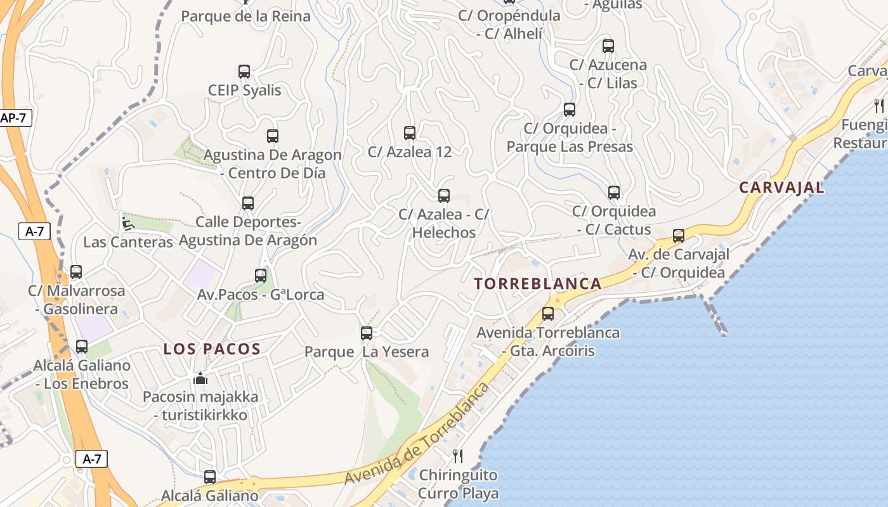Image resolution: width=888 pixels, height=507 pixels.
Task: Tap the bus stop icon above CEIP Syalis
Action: coord(244,72)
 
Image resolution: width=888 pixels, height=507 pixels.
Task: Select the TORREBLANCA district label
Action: coord(538,284)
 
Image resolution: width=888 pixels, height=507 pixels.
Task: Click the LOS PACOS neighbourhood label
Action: coord(212,349)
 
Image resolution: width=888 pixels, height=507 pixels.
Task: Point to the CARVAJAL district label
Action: coord(782,188)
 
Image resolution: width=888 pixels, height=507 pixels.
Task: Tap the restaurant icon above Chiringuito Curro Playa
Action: coord(458,456)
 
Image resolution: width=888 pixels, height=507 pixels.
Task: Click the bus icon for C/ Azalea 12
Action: coord(410,133)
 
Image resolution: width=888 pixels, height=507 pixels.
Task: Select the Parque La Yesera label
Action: coord(367,352)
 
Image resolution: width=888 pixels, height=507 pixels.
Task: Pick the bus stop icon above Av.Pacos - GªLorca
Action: coord(261,276)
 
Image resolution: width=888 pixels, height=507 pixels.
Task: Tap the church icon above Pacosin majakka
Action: coord(200,379)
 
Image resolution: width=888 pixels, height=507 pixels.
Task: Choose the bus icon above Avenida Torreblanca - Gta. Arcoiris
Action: coord(548,314)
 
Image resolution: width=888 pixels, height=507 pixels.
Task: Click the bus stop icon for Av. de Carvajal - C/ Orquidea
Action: coord(679,236)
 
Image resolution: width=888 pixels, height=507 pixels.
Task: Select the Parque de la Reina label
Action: coord(245,16)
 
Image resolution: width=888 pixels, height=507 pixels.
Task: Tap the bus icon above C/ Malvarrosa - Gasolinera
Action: coord(76,272)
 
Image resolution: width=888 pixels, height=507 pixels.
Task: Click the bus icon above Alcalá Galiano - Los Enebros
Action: coord(82,347)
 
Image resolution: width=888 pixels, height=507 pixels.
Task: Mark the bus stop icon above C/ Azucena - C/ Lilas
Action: coord(608,46)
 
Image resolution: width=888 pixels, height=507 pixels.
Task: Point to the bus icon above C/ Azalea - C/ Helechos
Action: coord(444,196)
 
